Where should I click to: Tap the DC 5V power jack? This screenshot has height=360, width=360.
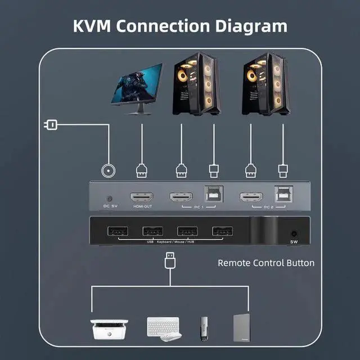(x=110, y=199)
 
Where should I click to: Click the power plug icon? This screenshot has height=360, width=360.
(x=50, y=124)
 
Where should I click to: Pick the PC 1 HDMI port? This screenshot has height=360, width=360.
(x=181, y=197)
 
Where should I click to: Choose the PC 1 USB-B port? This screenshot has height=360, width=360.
(x=214, y=194)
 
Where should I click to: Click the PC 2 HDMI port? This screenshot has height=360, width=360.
(x=251, y=197)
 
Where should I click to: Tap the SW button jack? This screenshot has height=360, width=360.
(x=293, y=233)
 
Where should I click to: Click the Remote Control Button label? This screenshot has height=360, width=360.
(x=266, y=263)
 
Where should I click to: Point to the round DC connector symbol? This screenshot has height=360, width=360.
(x=107, y=171)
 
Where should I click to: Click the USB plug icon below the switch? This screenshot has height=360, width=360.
(x=169, y=261)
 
